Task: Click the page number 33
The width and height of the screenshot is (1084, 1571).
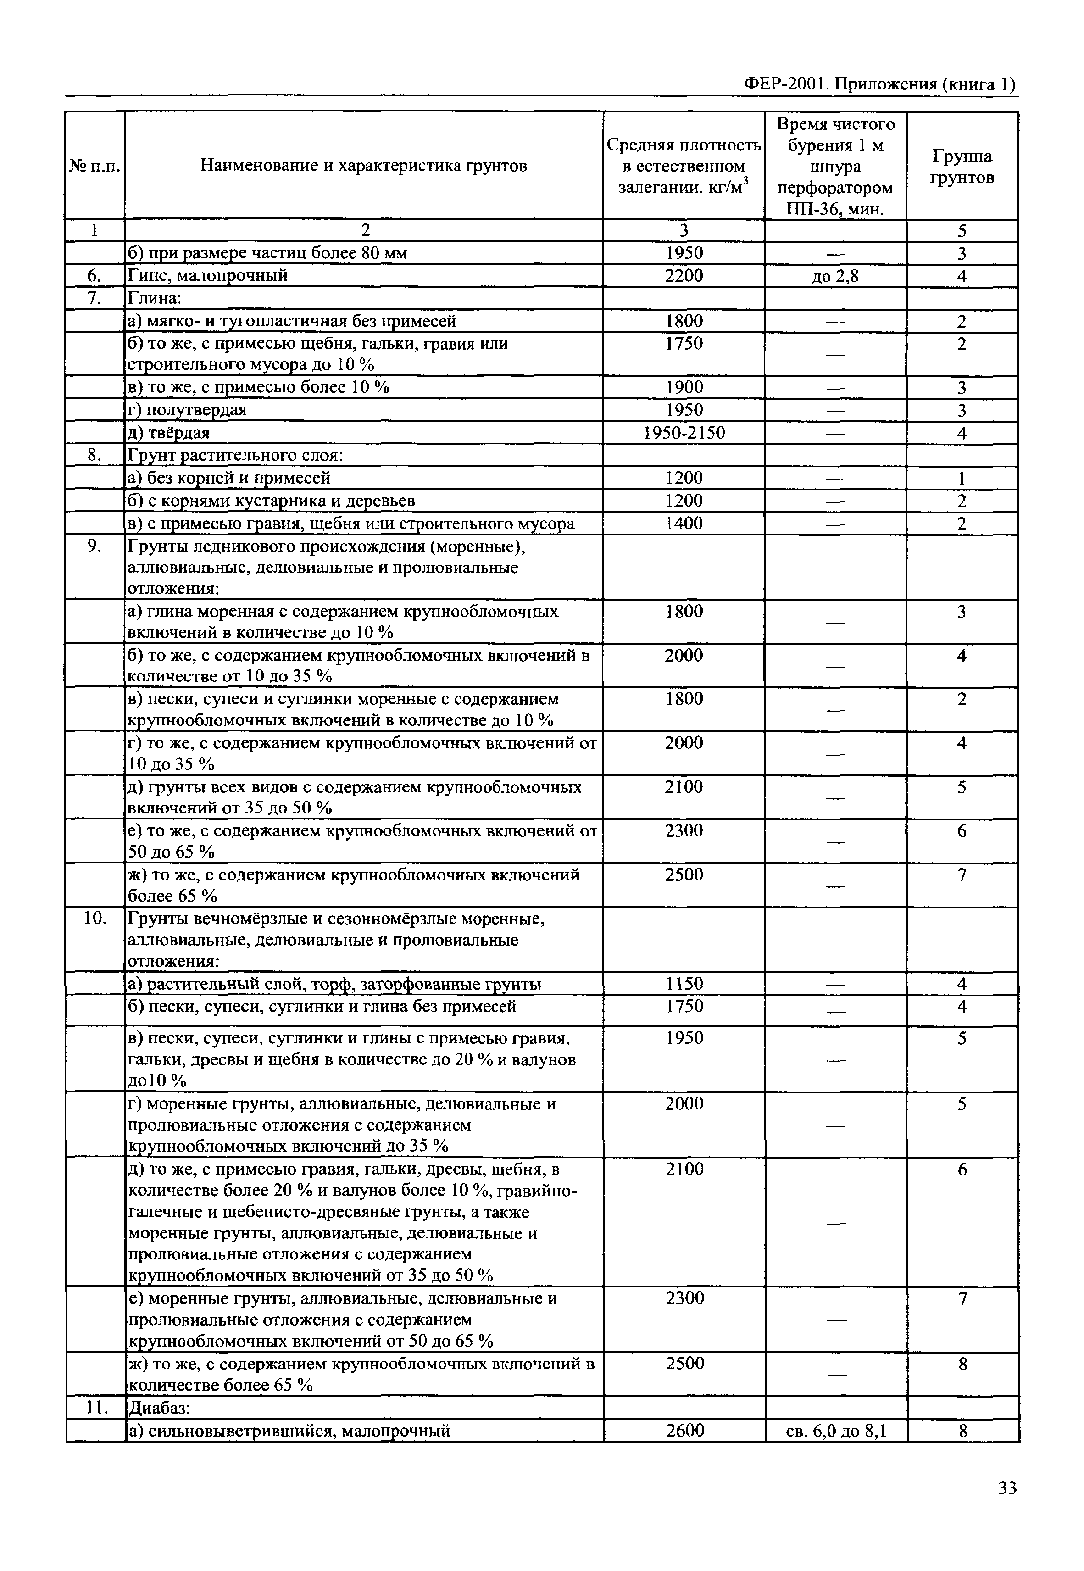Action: coord(1007,1488)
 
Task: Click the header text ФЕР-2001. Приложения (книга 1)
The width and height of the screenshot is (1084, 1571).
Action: coord(880,84)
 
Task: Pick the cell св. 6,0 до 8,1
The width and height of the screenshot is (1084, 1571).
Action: coord(836,1431)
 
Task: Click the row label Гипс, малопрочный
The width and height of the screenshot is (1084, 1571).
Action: coord(208,275)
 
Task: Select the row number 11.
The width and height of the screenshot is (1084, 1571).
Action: coord(96,1408)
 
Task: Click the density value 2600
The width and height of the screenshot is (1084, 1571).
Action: coord(684,1431)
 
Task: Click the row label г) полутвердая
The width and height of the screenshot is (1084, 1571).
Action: coord(188,410)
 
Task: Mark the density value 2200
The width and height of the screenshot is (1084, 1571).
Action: coord(684,275)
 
